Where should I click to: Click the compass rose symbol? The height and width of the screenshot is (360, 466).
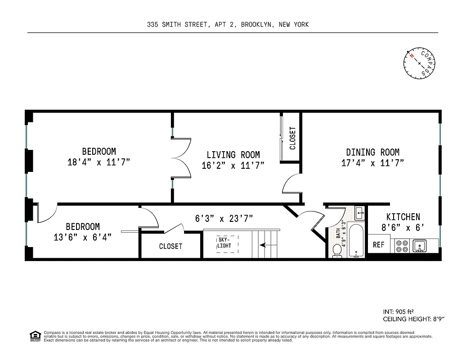[x=420, y=63]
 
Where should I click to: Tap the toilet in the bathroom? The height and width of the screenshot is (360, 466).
[x=337, y=251]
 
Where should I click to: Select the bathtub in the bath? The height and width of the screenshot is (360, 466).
[x=357, y=241]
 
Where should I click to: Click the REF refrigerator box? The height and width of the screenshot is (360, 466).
[x=379, y=245]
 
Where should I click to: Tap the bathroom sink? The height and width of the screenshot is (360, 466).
[x=359, y=211]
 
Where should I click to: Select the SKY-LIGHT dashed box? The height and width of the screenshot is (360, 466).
[x=227, y=243]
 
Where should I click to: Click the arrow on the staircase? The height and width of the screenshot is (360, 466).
[x=268, y=245]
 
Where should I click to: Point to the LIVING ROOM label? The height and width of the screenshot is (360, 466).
[x=233, y=155]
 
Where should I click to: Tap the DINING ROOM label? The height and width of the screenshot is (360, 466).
[x=372, y=152]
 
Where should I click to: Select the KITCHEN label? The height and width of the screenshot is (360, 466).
[x=403, y=217]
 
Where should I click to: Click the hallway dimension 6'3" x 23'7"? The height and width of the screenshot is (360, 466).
[x=224, y=219]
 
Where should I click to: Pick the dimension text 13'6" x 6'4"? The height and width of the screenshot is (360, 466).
[x=83, y=237]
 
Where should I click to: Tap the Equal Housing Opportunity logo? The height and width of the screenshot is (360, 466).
[x=35, y=335]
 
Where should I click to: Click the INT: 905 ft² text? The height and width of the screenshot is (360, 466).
[x=398, y=311]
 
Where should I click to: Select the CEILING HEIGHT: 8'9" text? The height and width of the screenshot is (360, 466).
[x=413, y=319]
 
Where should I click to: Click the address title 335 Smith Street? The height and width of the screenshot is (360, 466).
[x=228, y=25]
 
